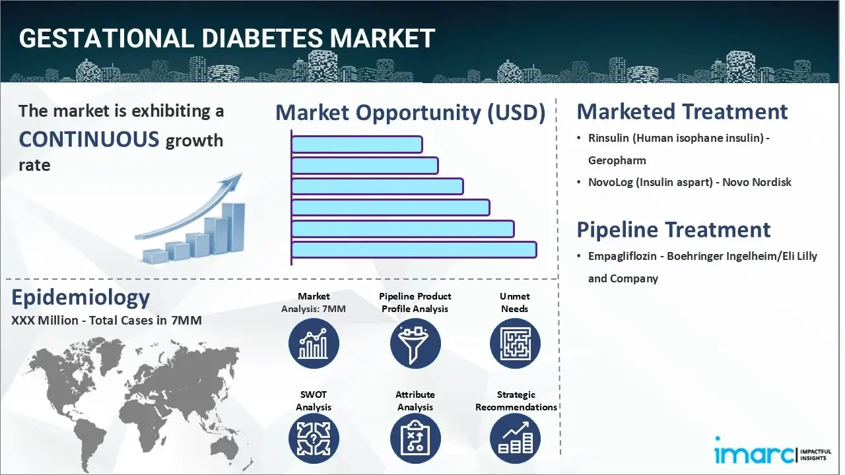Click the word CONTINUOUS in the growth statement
tap(88, 139)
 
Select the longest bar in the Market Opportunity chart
tap(414, 249)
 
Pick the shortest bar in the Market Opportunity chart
tap(356, 144)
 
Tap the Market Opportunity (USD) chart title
tap(410, 113)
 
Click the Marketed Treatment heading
tap(682, 111)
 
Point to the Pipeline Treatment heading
tap(673, 230)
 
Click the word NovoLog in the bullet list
tap(611, 182)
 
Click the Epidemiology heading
tap(81, 298)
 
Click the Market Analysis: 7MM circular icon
tap(314, 344)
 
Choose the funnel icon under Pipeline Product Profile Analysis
tap(415, 344)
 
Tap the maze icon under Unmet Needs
tap(515, 344)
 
